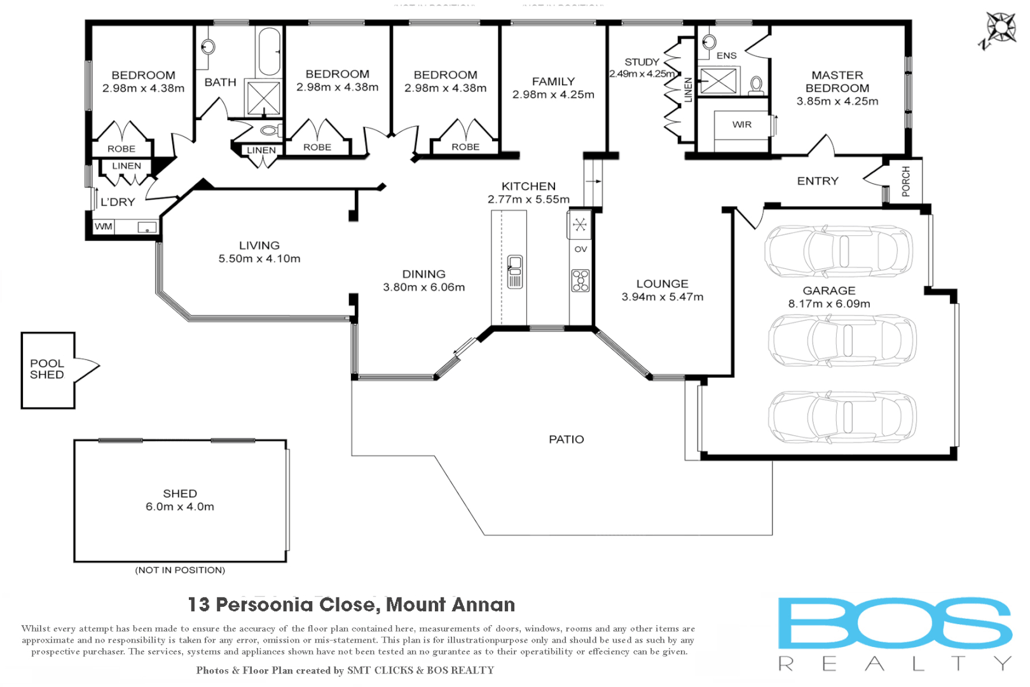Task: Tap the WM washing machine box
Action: [104, 226]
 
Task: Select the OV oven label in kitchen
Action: [580, 249]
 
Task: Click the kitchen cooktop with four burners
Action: [580, 281]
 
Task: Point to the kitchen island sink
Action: [515, 272]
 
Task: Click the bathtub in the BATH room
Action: [269, 52]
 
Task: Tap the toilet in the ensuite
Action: [757, 85]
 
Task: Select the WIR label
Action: [742, 125]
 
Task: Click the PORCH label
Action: [906, 181]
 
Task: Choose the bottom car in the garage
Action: [842, 417]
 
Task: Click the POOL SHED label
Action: [47, 369]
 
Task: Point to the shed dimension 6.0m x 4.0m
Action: [180, 507]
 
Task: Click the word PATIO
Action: [566, 440]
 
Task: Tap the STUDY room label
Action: [642, 62]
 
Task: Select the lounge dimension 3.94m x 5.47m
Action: [663, 297]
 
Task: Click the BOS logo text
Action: [895, 624]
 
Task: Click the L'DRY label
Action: [118, 202]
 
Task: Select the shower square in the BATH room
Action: [263, 98]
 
